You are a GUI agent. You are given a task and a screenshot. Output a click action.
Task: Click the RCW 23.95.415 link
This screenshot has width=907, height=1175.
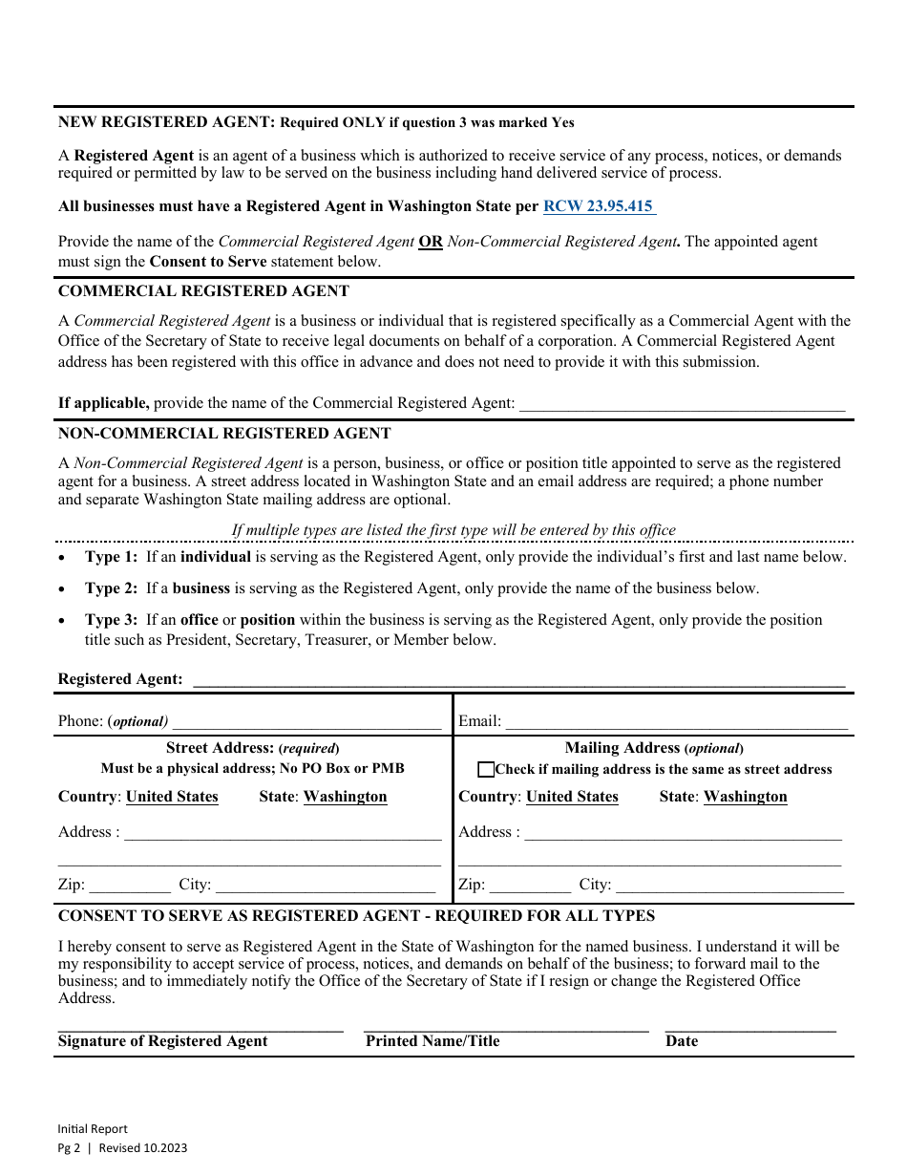(599, 206)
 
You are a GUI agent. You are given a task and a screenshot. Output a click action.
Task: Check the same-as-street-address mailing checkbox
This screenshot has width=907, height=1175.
(486, 770)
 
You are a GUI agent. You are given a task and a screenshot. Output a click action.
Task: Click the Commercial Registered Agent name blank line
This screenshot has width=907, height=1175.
(682, 405)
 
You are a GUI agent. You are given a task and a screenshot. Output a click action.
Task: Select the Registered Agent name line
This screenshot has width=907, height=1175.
(518, 680)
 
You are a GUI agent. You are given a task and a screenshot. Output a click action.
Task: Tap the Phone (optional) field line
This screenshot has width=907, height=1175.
(306, 723)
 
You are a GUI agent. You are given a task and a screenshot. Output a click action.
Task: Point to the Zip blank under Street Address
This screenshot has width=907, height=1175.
(130, 887)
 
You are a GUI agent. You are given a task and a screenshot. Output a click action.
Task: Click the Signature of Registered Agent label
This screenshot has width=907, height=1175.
(163, 1041)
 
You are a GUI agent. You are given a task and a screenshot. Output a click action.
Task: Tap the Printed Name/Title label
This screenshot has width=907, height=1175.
(432, 1041)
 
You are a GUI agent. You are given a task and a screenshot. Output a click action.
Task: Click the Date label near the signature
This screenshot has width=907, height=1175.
(682, 1041)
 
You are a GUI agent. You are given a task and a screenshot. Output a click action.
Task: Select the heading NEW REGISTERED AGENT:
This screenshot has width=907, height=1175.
(167, 122)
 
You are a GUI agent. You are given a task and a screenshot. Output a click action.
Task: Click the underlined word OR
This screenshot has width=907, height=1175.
(431, 243)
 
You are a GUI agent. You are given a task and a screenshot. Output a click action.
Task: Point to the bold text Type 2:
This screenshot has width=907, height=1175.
(111, 588)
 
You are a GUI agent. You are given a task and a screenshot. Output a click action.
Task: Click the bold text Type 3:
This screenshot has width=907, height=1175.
(111, 620)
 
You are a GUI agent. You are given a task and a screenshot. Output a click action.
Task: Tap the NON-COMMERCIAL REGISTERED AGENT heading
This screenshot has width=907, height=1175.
(224, 434)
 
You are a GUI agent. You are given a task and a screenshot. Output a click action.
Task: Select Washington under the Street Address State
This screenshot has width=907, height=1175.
(345, 797)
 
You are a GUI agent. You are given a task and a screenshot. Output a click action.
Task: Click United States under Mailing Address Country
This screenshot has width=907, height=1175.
(572, 797)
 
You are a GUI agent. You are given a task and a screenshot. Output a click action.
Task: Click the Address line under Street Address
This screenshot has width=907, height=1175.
(283, 834)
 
